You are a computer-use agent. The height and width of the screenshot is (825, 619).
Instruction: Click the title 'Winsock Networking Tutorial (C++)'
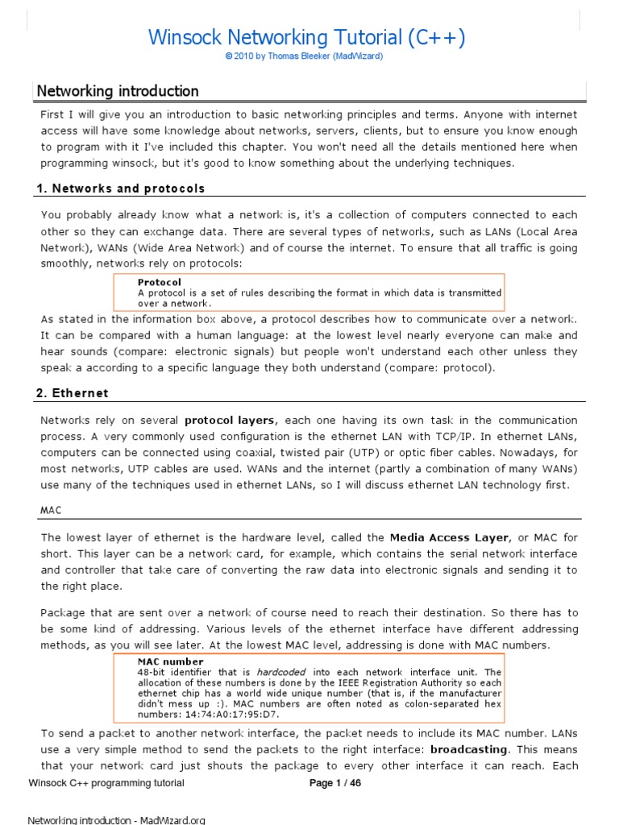307,37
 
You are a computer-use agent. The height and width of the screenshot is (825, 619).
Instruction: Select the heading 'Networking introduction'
118,91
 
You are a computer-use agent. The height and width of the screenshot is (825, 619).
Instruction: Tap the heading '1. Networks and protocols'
121,189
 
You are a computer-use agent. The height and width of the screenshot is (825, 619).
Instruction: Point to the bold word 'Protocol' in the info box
160,282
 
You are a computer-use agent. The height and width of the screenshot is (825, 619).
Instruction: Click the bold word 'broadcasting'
470,748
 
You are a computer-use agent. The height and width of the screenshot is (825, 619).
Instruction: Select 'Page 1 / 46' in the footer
335,783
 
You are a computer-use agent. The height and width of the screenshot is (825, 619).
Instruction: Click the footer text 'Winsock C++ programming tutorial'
106,783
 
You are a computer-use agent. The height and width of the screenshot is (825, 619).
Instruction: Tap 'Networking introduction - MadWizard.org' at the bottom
117,820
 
